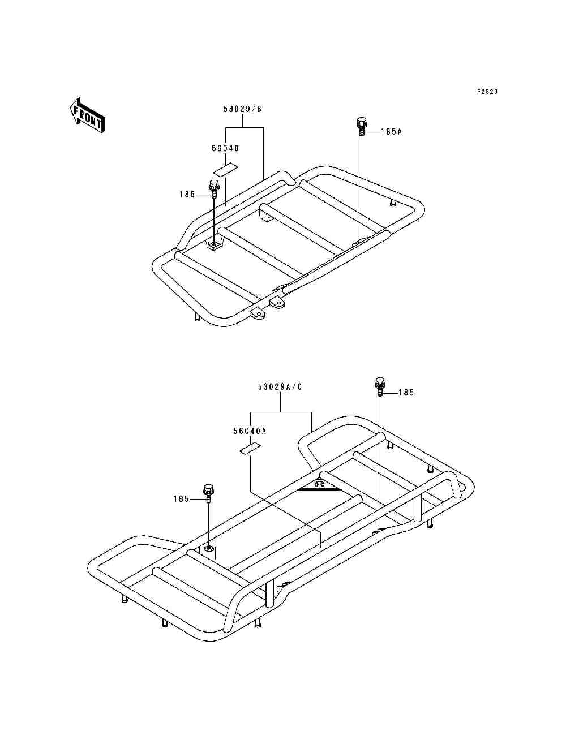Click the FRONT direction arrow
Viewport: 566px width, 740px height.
[x=87, y=115]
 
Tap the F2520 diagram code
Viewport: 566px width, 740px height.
[x=487, y=92]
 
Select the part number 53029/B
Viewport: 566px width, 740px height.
[x=242, y=109]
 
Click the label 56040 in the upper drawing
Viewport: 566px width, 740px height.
[x=225, y=148]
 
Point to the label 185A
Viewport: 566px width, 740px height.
[x=391, y=132]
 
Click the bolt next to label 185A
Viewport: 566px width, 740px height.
[x=361, y=126]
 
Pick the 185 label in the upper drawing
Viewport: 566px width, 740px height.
[x=187, y=194]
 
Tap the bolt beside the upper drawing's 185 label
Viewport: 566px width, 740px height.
[x=214, y=189]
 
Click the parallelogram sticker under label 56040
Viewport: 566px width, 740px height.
[x=225, y=169]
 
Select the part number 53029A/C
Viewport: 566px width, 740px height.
[x=280, y=387]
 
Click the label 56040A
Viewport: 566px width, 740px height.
[x=250, y=431]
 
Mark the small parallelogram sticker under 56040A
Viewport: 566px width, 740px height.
[x=250, y=449]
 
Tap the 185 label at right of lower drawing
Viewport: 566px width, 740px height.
[x=406, y=393]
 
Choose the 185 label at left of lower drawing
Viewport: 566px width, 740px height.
[x=182, y=499]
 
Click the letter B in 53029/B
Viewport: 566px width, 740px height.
[x=259, y=109]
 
